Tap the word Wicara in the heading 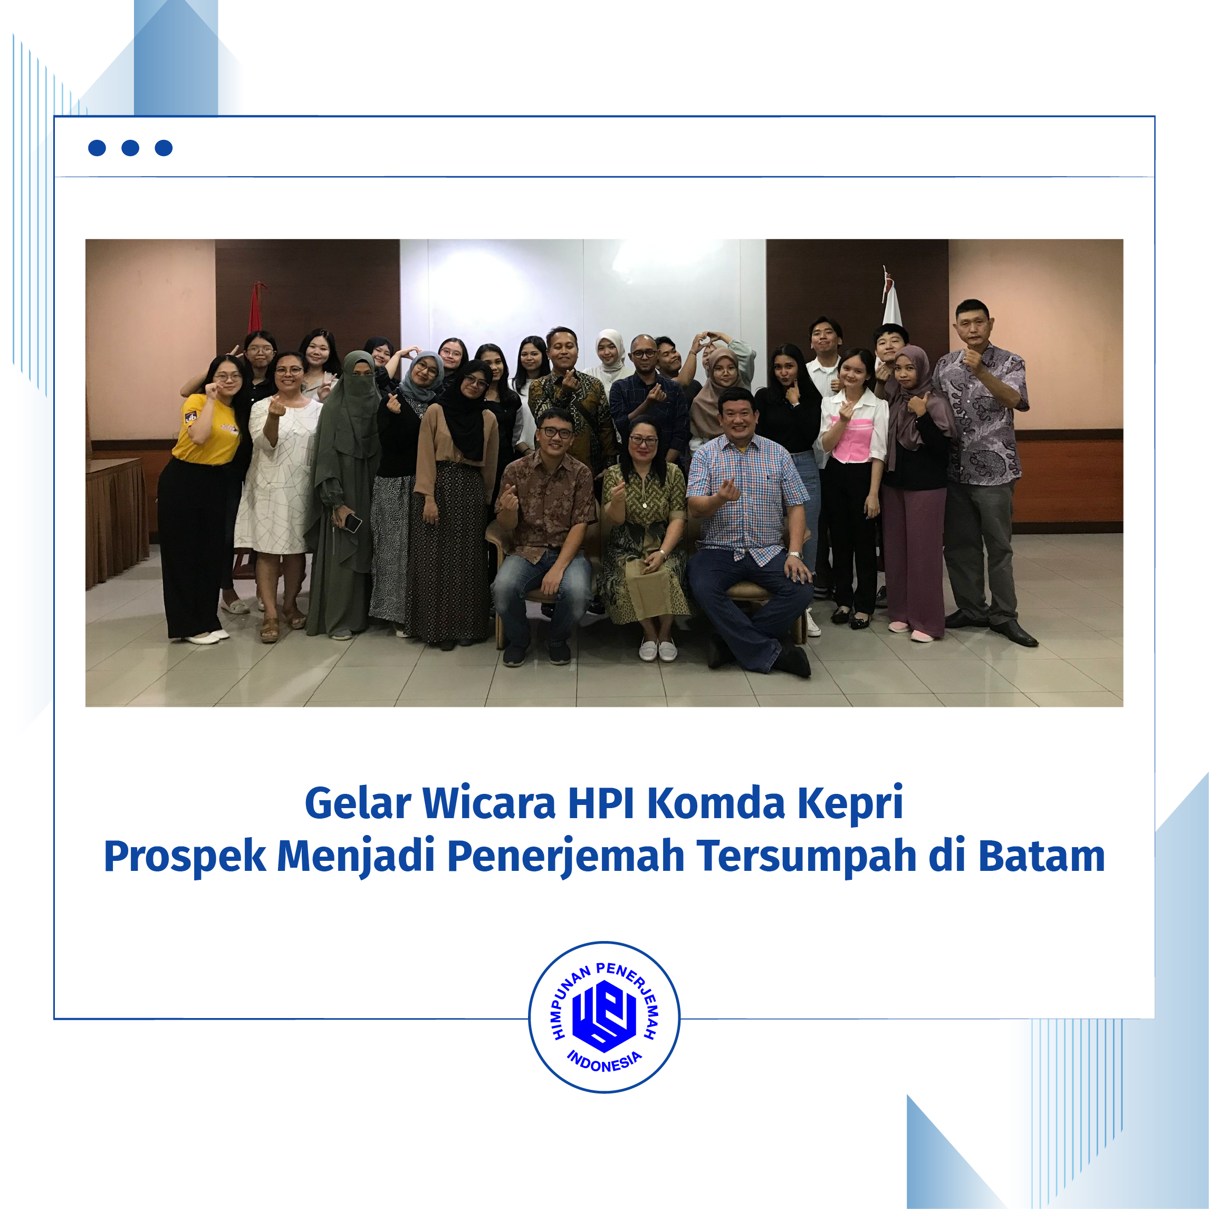pyautogui.click(x=489, y=803)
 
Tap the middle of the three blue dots pyautogui.click(x=130, y=148)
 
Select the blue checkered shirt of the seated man pyautogui.click(x=748, y=491)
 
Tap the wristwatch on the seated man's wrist pyautogui.click(x=795, y=554)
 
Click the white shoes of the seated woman pyautogui.click(x=658, y=650)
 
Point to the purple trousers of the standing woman pyautogui.click(x=914, y=560)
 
